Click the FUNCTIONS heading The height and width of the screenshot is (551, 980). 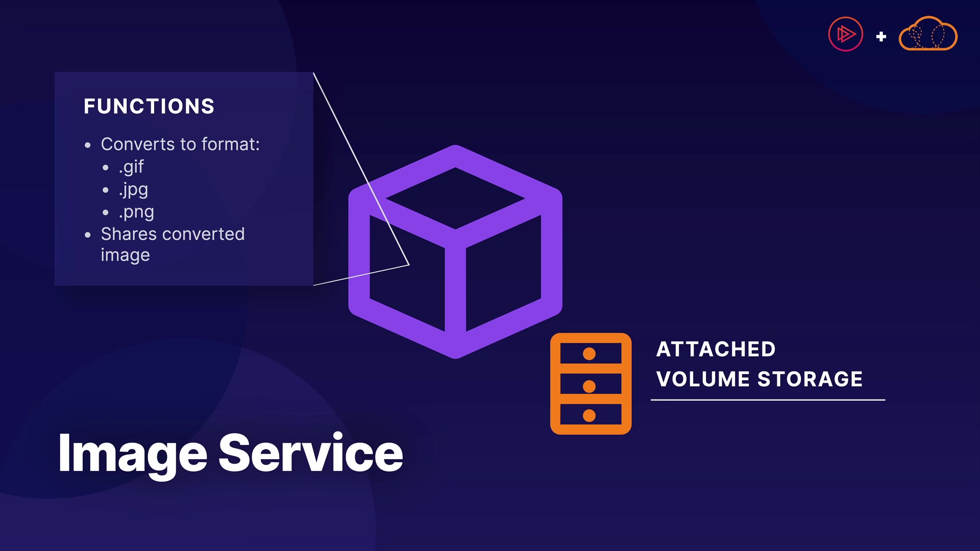coord(149,106)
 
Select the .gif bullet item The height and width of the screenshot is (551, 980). coord(131,167)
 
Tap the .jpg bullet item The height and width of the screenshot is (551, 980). coord(133,189)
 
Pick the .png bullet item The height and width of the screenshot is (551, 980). coord(136,212)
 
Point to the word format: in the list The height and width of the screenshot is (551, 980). coord(230,144)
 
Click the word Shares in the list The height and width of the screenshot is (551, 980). coord(129,234)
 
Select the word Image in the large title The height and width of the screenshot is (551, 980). coord(133,453)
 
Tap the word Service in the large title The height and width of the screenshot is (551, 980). coord(311,453)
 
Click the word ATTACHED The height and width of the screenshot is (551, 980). coord(716,349)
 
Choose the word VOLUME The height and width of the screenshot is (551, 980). coord(703,379)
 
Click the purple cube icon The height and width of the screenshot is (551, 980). coord(455,252)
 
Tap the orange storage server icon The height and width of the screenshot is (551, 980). coord(591,384)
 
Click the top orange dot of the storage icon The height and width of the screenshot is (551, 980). coord(589,354)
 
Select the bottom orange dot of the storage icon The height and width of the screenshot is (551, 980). coord(589,416)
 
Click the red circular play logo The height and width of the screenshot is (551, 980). coord(845,35)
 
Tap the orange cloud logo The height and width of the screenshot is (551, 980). coord(928,35)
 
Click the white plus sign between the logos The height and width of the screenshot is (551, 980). coord(881,37)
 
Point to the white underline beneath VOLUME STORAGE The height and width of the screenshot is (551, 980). coord(768,400)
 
